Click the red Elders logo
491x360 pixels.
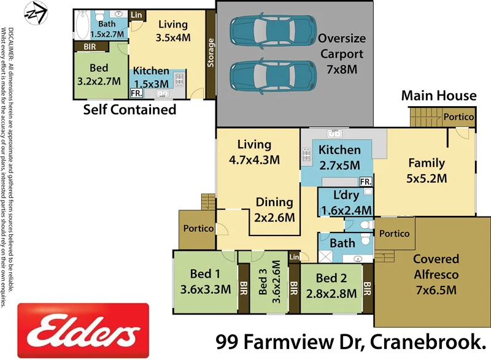tap(83, 331)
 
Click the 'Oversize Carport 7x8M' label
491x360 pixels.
tap(340, 54)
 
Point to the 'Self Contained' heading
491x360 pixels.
tap(130, 110)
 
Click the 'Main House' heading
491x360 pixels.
tap(438, 95)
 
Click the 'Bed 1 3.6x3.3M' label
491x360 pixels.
tap(205, 281)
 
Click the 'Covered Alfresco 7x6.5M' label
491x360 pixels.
tap(435, 275)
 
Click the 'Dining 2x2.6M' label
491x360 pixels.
tap(274, 209)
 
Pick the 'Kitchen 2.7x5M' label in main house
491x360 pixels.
tap(339, 156)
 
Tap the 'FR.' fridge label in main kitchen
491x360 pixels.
tap(365, 182)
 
